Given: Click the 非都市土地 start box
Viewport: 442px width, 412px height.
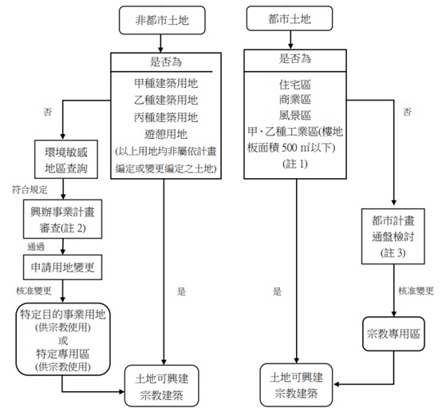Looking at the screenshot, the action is click(x=162, y=20).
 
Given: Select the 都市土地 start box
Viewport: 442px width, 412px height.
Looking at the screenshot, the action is click(x=290, y=18).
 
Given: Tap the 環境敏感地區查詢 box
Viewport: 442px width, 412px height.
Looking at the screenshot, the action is click(x=66, y=160).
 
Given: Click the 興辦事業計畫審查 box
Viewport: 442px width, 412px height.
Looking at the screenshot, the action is click(x=62, y=220).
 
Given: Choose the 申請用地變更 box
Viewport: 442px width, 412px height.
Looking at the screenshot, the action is click(x=62, y=267).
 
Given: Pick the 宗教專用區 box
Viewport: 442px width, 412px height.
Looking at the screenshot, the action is click(x=393, y=334).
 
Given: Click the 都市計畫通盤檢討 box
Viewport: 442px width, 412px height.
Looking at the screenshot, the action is click(x=393, y=236).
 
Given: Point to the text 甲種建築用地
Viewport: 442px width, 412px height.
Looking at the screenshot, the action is click(x=166, y=83).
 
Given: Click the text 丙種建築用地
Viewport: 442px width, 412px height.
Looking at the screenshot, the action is click(x=166, y=117).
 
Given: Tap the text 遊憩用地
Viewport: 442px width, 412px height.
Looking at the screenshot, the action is click(x=166, y=134).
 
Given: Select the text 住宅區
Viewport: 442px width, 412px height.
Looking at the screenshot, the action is click(x=295, y=85).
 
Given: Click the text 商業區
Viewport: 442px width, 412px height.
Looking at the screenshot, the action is click(x=295, y=100).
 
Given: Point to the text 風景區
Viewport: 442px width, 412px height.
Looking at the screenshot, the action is click(x=295, y=116).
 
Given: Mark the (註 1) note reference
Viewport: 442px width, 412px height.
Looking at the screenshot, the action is click(x=295, y=164).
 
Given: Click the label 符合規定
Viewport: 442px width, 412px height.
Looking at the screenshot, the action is click(x=30, y=190).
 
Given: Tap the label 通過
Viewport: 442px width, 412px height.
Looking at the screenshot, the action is click(x=36, y=247).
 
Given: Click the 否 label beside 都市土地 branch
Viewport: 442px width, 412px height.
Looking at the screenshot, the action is click(x=407, y=112).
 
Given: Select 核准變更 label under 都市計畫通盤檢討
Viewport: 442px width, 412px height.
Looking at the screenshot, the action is click(x=416, y=291).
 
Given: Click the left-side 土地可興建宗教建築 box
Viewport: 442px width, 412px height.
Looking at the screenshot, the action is click(x=162, y=386).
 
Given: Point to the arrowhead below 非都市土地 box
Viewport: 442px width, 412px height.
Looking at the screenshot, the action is click(x=160, y=50).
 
